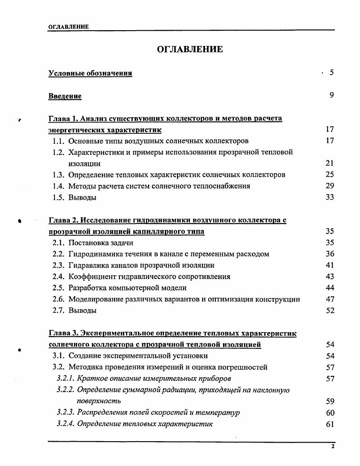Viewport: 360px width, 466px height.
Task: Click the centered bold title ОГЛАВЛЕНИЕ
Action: tap(190, 50)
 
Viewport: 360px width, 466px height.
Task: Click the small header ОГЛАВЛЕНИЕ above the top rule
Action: tap(68, 27)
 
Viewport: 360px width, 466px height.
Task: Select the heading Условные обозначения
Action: tap(90, 73)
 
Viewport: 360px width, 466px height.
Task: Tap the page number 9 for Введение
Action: tap(331, 96)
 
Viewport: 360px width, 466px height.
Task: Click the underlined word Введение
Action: tap(65, 96)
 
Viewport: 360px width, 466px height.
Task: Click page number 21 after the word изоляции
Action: tap(329, 164)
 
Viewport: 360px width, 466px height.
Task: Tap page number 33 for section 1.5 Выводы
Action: tap(329, 197)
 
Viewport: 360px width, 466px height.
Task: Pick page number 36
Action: tap(329, 254)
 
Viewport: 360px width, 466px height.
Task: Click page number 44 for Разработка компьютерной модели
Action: tap(329, 288)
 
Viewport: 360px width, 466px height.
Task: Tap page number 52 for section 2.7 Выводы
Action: tap(329, 311)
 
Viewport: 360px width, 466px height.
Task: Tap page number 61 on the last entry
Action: tap(329, 424)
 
